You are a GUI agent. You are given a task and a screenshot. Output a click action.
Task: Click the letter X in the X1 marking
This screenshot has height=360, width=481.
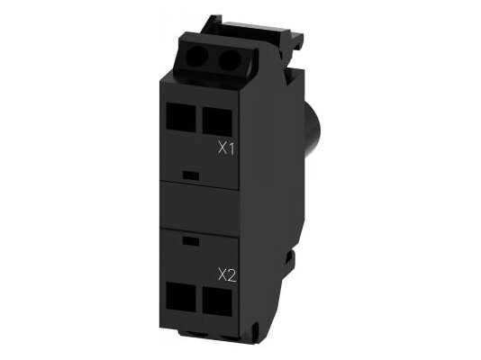click(222, 148)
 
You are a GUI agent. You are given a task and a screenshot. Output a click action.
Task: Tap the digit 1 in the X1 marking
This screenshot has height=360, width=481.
click(231, 148)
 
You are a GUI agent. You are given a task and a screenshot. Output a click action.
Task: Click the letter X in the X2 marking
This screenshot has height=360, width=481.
click(222, 275)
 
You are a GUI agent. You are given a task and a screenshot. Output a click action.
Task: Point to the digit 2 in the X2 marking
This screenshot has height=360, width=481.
click(231, 275)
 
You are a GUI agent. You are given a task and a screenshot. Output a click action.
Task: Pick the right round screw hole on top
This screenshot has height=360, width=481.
click(226, 59)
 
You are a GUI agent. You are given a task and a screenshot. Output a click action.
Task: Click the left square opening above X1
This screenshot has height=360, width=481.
click(181, 117)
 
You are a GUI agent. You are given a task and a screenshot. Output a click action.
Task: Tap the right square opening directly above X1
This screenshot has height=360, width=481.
click(217, 120)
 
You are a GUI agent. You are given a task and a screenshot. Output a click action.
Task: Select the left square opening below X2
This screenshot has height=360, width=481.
click(181, 295)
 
